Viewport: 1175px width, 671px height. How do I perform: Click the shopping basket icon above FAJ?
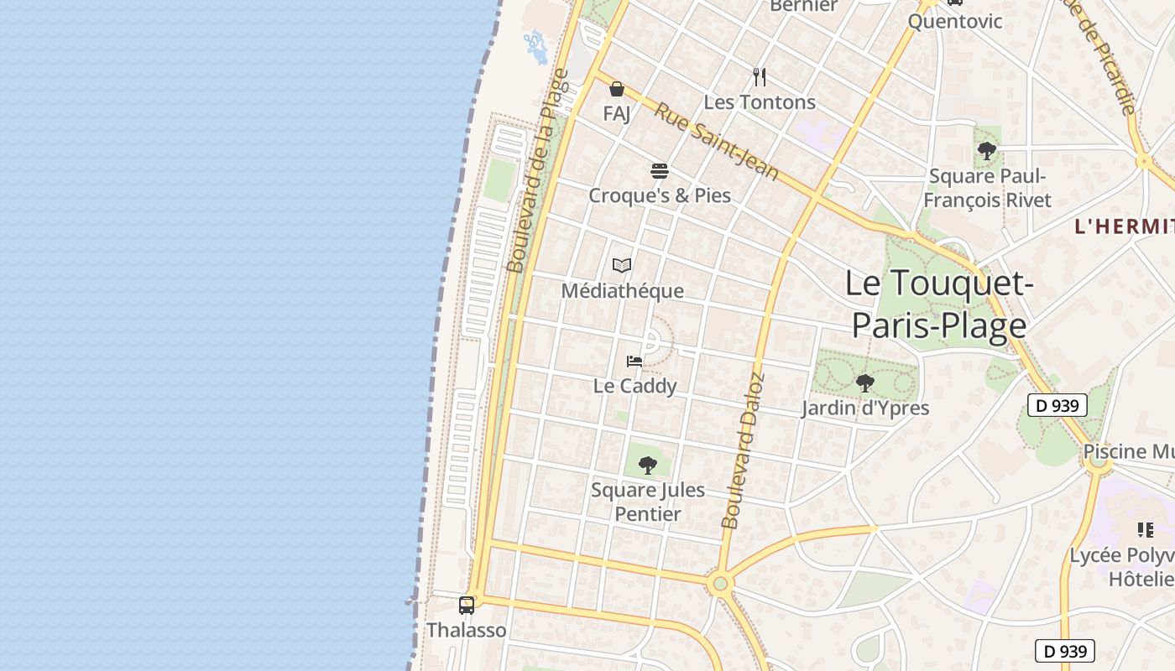[617, 89]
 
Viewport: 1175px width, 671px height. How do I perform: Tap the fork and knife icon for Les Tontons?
[760, 77]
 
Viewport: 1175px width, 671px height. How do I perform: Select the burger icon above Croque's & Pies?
[660, 171]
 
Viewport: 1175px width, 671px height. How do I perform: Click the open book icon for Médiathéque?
[622, 266]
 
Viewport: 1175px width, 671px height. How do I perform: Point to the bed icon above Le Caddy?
[634, 362]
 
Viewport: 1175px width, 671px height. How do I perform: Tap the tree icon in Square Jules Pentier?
[647, 465]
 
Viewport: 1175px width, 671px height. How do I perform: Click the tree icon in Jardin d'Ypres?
[864, 383]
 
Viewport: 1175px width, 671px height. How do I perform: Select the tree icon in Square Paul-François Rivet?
[987, 151]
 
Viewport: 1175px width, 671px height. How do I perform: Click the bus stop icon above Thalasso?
[467, 605]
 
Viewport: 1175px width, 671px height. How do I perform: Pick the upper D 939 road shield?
[1057, 406]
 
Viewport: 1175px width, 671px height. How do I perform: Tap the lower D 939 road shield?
[1064, 651]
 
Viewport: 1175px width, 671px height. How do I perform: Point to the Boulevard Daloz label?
[743, 451]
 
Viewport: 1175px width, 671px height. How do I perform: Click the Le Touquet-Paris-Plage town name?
[938, 304]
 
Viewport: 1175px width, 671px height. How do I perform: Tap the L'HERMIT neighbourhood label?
[1125, 226]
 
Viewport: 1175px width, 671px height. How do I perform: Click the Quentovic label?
[955, 21]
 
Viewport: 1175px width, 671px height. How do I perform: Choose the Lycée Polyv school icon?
[1146, 530]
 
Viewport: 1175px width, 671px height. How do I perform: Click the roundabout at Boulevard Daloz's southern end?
[719, 584]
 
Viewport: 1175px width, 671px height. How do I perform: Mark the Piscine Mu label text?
[1126, 451]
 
